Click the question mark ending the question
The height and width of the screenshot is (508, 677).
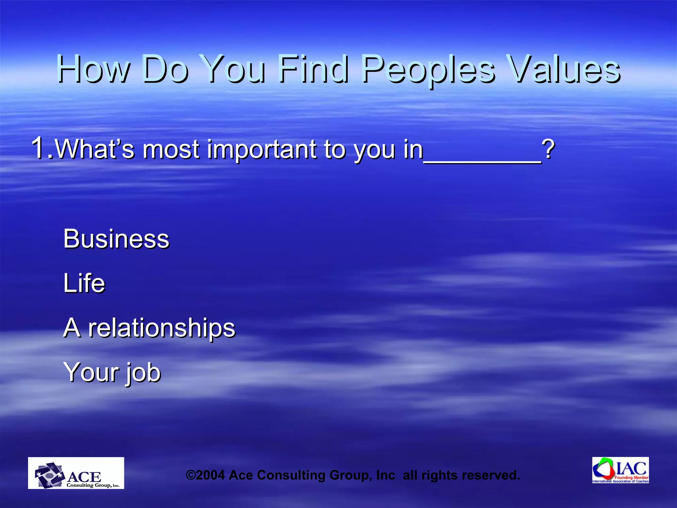click(x=548, y=149)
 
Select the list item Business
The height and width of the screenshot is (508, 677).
click(x=116, y=239)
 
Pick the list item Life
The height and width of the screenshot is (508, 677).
click(x=84, y=283)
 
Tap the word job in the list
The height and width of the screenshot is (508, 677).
click(x=143, y=373)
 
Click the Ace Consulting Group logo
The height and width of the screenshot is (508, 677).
click(x=76, y=473)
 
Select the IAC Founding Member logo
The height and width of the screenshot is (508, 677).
click(x=620, y=470)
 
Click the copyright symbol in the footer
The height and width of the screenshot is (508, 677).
click(x=191, y=475)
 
